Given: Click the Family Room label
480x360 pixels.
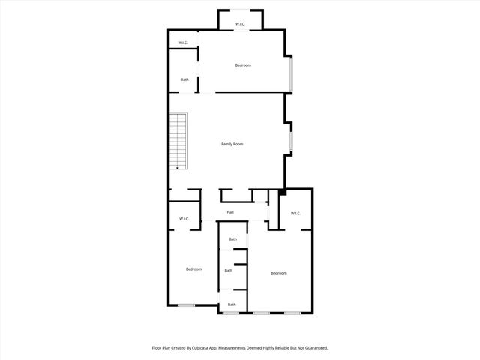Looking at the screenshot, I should (232, 144).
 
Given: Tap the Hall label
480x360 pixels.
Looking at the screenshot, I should (231, 213).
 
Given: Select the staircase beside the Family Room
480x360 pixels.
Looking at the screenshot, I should (177, 141).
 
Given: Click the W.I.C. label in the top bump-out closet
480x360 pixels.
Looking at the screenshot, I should (240, 25).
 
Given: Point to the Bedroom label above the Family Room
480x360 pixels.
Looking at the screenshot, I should (243, 65).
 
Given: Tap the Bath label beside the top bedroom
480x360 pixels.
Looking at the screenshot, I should (184, 79).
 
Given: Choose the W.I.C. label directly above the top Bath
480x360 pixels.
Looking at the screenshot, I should (183, 43).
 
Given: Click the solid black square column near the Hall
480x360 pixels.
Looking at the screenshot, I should (281, 193).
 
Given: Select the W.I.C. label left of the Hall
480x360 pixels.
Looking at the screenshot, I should (184, 219).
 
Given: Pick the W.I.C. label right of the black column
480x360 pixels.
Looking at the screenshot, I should (295, 214).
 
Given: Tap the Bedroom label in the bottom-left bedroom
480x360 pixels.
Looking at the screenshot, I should (193, 269).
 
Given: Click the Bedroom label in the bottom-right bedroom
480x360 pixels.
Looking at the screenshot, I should (279, 273).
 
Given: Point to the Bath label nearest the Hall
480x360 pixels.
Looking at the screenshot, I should (232, 239).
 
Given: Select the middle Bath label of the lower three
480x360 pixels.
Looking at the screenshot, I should (228, 270).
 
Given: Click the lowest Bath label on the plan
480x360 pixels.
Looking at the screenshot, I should (232, 304).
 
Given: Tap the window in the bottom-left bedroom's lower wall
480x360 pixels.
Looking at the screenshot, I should (187, 304).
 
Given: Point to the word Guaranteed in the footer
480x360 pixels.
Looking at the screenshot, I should (313, 348).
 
